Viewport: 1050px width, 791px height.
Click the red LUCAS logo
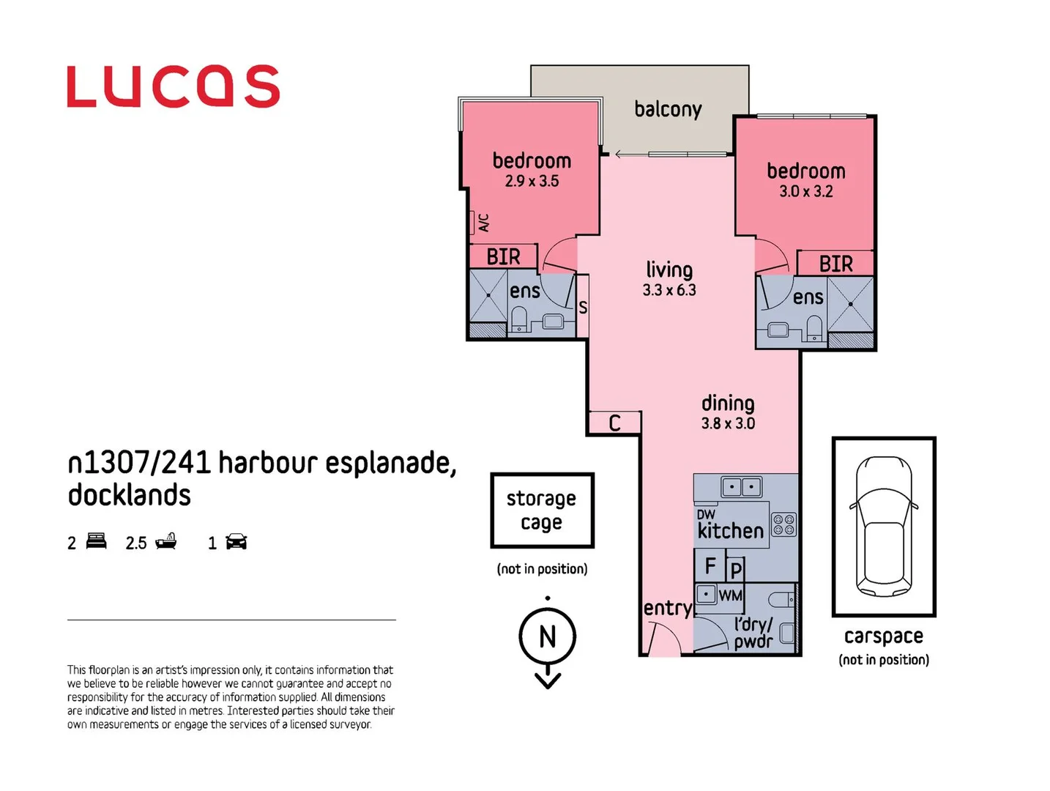point(173,86)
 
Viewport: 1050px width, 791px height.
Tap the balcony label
point(668,110)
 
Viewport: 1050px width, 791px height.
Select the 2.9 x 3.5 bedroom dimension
point(532,181)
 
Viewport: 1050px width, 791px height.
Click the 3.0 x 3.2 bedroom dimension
point(805,192)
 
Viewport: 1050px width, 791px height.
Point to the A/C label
point(483,223)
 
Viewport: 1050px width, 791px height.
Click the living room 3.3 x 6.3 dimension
point(669,290)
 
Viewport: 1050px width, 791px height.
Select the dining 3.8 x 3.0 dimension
point(728,423)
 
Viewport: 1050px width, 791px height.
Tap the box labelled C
point(615,423)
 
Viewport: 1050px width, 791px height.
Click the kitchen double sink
point(741,486)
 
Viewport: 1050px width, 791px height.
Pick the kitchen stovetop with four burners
point(783,524)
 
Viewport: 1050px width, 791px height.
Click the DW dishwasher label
point(706,514)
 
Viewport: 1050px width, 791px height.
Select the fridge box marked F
point(710,566)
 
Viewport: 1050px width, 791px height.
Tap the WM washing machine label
point(730,595)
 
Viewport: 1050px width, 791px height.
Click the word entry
point(667,608)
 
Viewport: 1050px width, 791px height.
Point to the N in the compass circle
point(547,636)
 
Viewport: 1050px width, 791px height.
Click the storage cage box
point(542,510)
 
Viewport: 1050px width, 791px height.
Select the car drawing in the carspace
point(884,526)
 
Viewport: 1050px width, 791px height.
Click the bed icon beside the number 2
point(96,542)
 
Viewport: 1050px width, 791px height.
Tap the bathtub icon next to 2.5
point(165,541)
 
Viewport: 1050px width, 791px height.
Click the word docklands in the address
point(130,496)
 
